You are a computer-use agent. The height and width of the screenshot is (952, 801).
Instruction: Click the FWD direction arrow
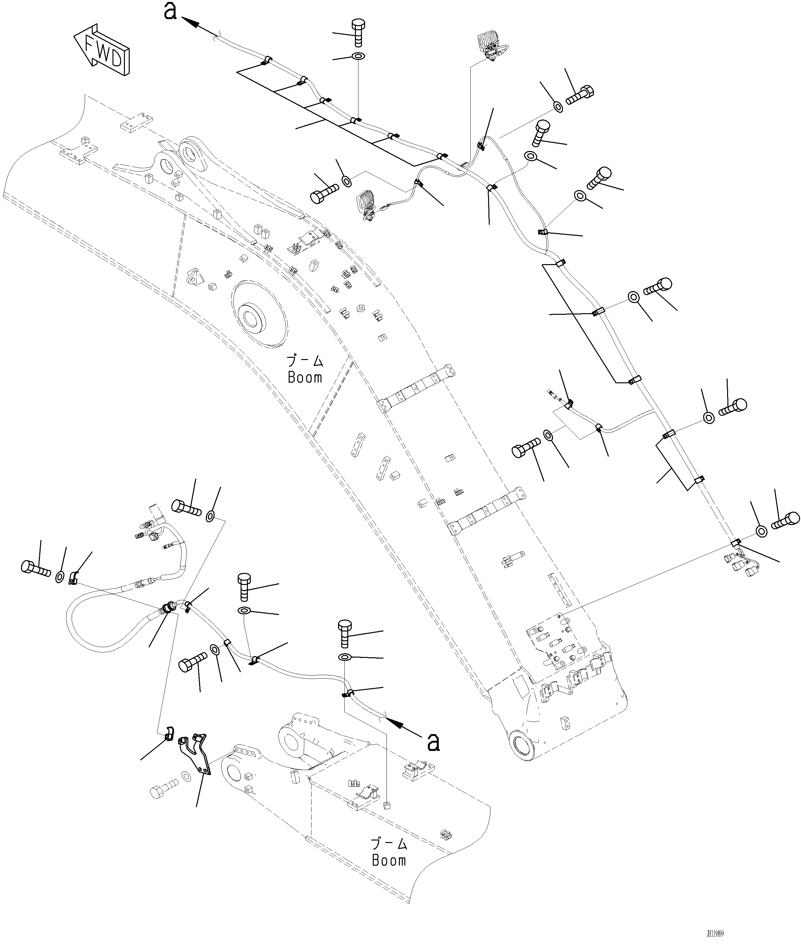102,50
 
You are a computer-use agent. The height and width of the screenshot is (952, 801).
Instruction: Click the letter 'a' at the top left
170,11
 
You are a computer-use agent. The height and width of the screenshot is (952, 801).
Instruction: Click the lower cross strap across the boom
487,511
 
